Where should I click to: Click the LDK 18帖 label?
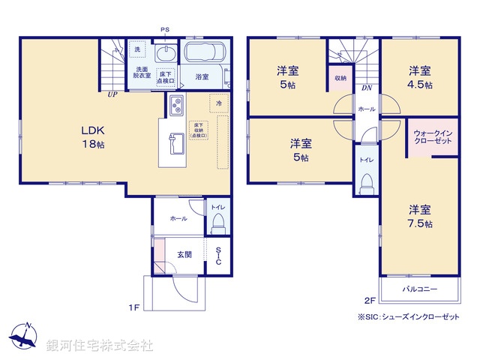pyautogui.click(x=93, y=136)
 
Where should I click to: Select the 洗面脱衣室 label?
pyautogui.click(x=142, y=73)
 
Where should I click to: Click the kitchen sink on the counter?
pyautogui.click(x=175, y=141)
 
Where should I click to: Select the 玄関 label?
pyautogui.click(x=184, y=254)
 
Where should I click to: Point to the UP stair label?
pyautogui.click(x=112, y=94)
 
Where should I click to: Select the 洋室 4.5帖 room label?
pyautogui.click(x=420, y=77)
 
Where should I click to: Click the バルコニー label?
pyautogui.click(x=419, y=288)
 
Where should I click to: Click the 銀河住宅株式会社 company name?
pyautogui.click(x=99, y=346)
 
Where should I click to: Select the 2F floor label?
pyautogui.click(x=369, y=301)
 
